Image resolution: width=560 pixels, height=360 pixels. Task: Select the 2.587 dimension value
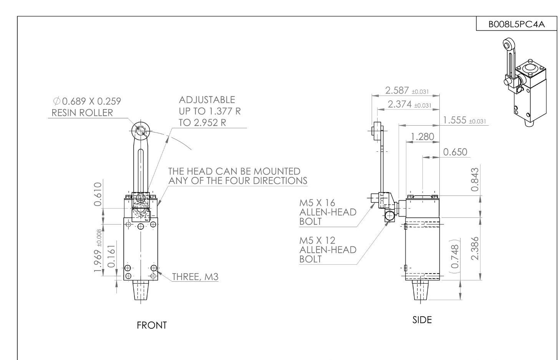click(398, 91)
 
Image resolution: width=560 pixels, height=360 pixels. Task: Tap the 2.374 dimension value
click(400, 104)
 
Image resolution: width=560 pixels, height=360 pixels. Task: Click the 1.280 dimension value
click(422, 136)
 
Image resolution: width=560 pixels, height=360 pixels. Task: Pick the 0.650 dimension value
click(455, 152)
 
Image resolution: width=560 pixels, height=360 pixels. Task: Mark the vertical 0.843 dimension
click(475, 179)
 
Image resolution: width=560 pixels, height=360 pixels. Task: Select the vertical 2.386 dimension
click(475, 248)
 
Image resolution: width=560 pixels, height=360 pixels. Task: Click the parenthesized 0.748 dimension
click(455, 256)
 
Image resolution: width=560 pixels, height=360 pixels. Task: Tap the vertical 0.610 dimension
click(98, 194)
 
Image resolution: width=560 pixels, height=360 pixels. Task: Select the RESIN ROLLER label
click(82, 113)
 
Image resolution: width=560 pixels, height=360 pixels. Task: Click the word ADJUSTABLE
click(207, 100)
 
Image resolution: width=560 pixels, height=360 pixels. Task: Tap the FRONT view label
click(152, 325)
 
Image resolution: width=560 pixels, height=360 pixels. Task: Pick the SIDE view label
click(422, 320)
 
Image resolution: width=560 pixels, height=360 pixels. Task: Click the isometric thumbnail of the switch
click(524, 83)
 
